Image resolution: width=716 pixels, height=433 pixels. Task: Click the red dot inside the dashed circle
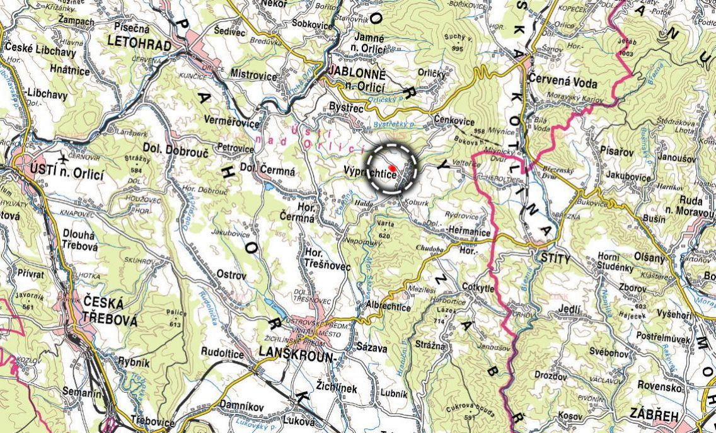[x=392, y=168]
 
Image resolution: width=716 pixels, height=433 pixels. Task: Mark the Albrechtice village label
[x=388, y=308]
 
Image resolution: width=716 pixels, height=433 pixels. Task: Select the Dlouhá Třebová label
[x=80, y=241]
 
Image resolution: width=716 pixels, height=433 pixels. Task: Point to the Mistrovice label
[x=253, y=76]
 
